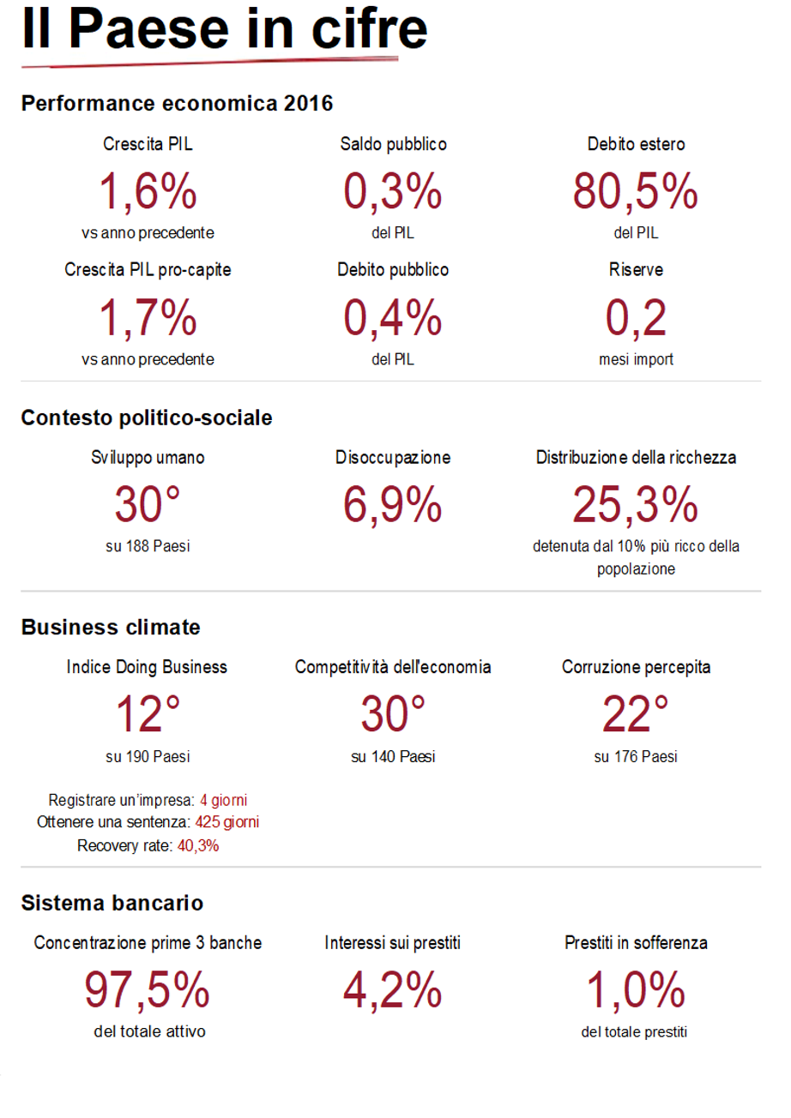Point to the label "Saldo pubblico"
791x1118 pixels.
click(x=393, y=144)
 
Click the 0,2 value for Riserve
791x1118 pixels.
click(x=635, y=318)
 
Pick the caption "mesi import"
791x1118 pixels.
click(x=636, y=359)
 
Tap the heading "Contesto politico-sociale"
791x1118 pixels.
click(x=147, y=418)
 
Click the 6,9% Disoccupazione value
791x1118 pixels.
click(x=393, y=505)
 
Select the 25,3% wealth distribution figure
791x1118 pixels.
click(x=635, y=505)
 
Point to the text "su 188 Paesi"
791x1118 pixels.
click(x=148, y=546)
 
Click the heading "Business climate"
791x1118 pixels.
click(x=111, y=627)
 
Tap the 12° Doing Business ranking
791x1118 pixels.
click(x=148, y=714)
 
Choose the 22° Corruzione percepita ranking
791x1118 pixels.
click(x=635, y=714)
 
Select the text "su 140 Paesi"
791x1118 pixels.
click(x=393, y=757)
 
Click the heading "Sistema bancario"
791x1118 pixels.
click(x=112, y=902)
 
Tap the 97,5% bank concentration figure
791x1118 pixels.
click(x=148, y=990)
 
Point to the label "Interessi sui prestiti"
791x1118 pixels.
click(x=393, y=943)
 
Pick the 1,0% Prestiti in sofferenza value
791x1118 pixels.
click(x=635, y=990)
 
